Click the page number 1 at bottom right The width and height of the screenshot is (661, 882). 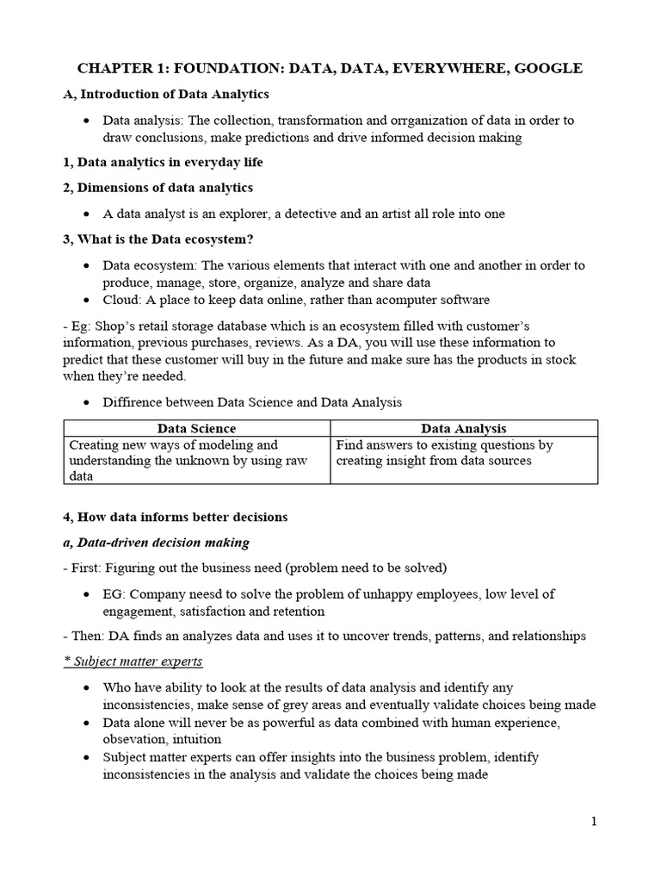594,822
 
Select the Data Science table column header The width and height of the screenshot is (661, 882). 196,428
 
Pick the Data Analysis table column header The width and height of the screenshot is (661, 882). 464,428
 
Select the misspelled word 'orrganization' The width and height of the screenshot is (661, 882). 392,120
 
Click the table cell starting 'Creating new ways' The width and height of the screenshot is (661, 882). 196,460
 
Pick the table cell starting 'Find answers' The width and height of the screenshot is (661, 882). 464,453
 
